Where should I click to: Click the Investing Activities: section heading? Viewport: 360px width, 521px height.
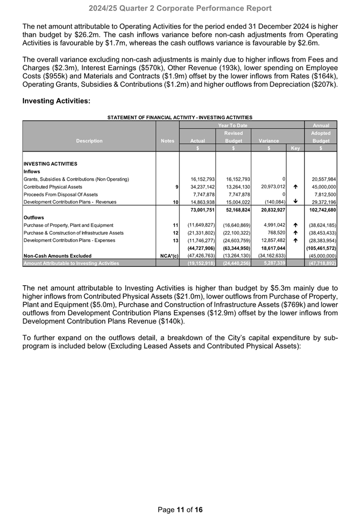pyautogui.click(x=57, y=101)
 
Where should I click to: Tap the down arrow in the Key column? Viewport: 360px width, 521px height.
pyautogui.click(x=295, y=202)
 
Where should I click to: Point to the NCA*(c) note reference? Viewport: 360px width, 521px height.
pyautogui.click(x=167, y=256)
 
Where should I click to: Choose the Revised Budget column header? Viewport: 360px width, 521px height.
pyautogui.click(x=233, y=137)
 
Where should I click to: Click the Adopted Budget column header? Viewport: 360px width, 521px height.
pyautogui.click(x=321, y=137)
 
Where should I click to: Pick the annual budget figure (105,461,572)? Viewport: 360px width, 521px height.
pyautogui.click(x=320, y=248)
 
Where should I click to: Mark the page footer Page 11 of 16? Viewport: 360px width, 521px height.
pyautogui.click(x=180, y=510)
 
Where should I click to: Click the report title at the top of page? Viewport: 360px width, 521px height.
pyautogui.click(x=180, y=8)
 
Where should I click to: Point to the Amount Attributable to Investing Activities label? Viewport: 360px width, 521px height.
pyautogui.click(x=71, y=263)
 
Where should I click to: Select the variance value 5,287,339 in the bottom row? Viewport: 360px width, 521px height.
pyautogui.click(x=269, y=263)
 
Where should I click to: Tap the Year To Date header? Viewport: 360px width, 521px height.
pyautogui.click(x=233, y=125)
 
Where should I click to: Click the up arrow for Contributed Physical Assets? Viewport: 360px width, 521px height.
pyautogui.click(x=295, y=187)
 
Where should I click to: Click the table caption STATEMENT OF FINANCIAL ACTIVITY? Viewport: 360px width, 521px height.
pyautogui.click(x=180, y=117)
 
